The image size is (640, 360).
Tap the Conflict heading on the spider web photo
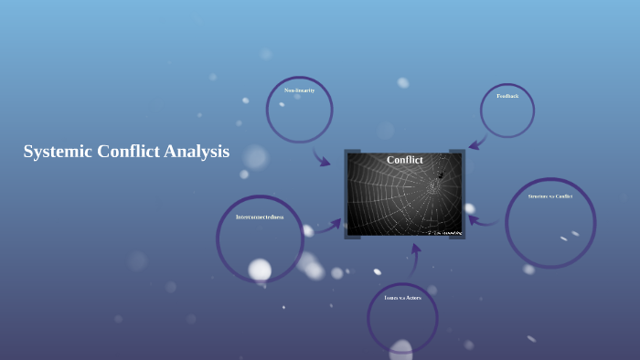(404, 160)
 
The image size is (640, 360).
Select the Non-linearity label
(299, 90)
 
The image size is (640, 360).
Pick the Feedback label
(507, 96)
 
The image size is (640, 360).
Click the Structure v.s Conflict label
(549, 196)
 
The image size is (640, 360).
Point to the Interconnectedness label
(260, 217)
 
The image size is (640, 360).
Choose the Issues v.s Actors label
(402, 298)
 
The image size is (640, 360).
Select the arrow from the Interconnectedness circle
(328, 226)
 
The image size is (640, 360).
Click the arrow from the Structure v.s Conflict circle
(483, 219)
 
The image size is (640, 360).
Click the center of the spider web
(431, 188)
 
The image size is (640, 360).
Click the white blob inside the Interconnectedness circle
(261, 270)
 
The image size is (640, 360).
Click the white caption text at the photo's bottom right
(441, 233)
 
